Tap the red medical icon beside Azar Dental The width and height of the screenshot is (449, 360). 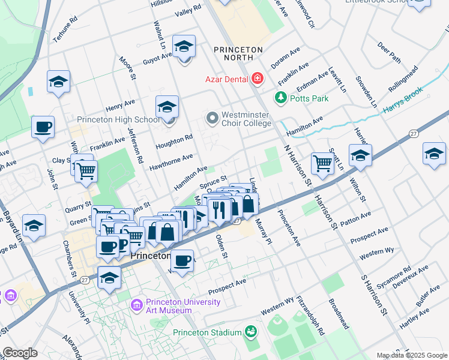coord(258,79)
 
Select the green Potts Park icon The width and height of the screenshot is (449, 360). coord(280,97)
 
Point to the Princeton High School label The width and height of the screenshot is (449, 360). coord(118,120)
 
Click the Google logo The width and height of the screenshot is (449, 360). coord(20,353)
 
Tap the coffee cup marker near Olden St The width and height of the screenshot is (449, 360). coord(182,260)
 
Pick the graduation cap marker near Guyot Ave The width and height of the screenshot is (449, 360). coord(184,46)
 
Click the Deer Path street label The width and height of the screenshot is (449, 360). coord(389,52)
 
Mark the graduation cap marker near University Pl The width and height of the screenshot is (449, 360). coord(109,277)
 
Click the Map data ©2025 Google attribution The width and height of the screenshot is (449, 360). coord(412,355)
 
